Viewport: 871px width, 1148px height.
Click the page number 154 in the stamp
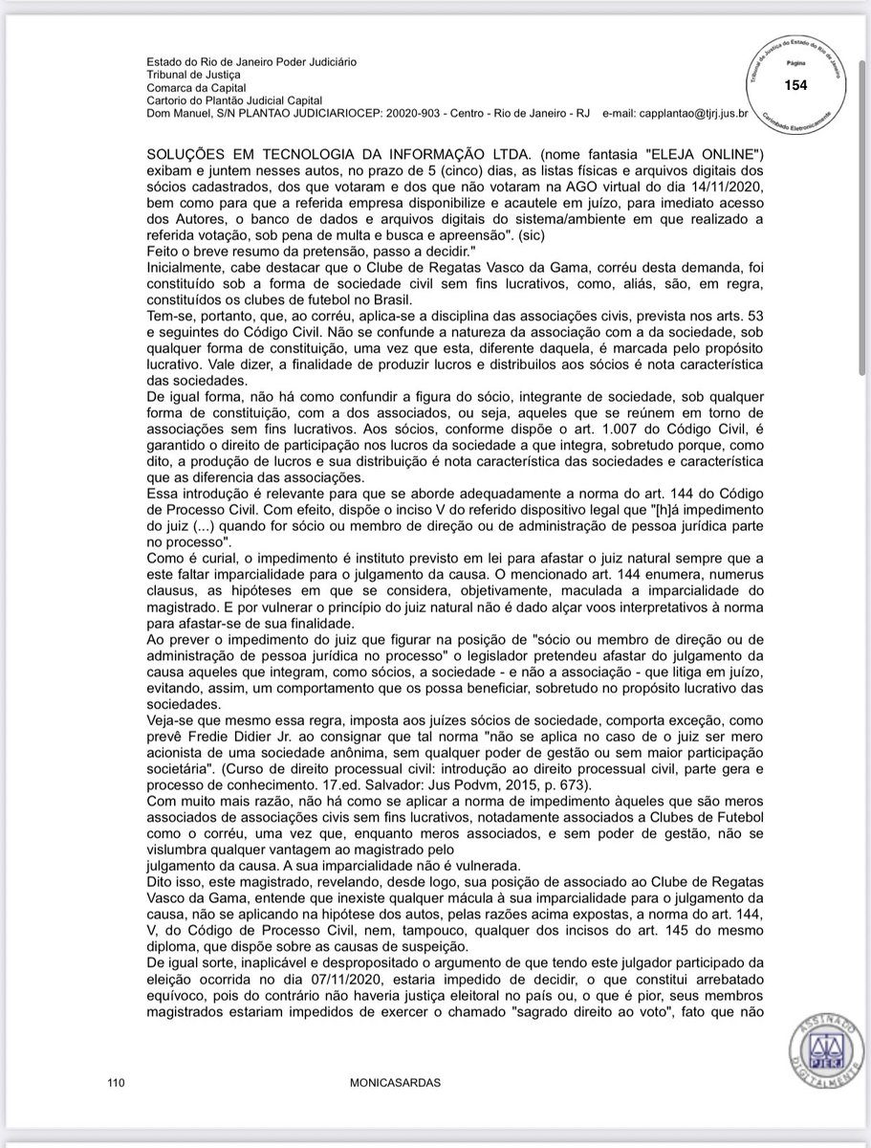[795, 86]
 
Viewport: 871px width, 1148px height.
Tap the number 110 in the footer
[118, 1083]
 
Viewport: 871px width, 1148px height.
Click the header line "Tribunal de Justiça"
[194, 74]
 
